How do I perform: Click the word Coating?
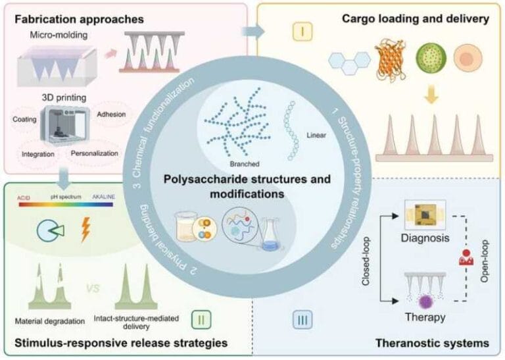coord(27,119)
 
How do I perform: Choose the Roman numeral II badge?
coord(201,320)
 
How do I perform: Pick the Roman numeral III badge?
coord(301,320)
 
